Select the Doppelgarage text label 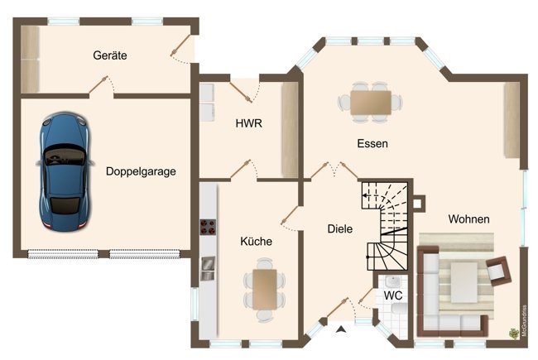(x=141, y=172)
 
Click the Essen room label (x=372, y=143)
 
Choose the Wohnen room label (x=468, y=219)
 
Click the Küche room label (x=256, y=242)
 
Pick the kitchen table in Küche (x=264, y=288)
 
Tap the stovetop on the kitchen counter (x=207, y=228)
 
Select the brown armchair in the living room (x=497, y=271)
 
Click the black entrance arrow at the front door (x=340, y=331)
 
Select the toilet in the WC (x=399, y=313)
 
